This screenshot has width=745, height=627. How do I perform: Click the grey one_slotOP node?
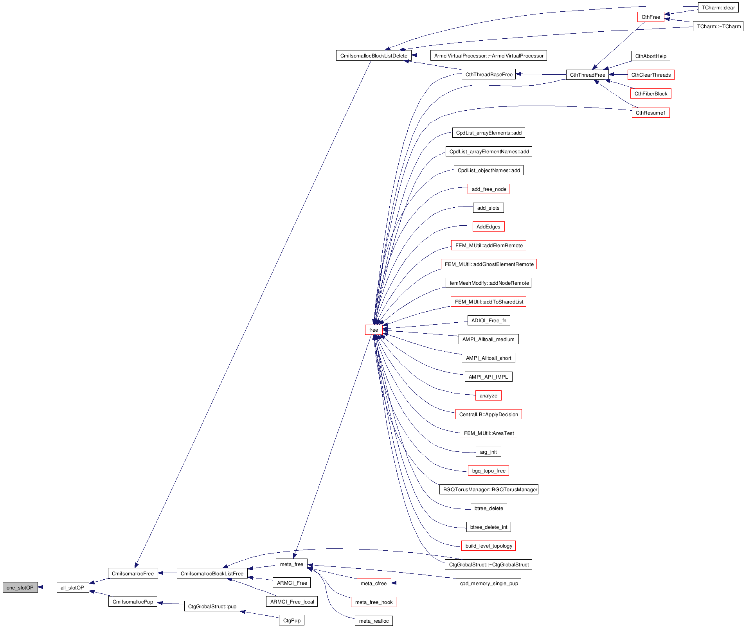pyautogui.click(x=20, y=587)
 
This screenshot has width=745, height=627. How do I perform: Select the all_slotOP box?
pyautogui.click(x=72, y=587)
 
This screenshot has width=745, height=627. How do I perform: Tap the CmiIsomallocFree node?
pyautogui.click(x=133, y=573)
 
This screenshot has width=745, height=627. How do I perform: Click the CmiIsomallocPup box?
pyautogui.click(x=133, y=602)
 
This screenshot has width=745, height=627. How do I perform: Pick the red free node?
pyautogui.click(x=374, y=330)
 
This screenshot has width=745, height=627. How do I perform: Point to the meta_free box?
pyautogui.click(x=292, y=564)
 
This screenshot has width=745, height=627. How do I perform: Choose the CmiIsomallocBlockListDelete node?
pyautogui.click(x=374, y=56)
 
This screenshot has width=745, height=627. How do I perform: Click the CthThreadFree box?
pyautogui.click(x=587, y=75)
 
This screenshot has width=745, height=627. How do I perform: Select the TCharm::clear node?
pyautogui.click(x=718, y=7)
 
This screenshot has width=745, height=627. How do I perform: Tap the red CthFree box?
pyautogui.click(x=651, y=17)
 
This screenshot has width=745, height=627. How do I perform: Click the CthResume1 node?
pyautogui.click(x=650, y=113)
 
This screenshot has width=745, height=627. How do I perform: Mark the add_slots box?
pyautogui.click(x=488, y=208)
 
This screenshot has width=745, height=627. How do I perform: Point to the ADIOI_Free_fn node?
pyautogui.click(x=489, y=320)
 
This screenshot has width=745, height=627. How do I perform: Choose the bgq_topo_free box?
pyautogui.click(x=488, y=471)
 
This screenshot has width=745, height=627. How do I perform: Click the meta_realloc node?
pyautogui.click(x=374, y=621)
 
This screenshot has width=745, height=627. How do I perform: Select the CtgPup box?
pyautogui.click(x=292, y=620)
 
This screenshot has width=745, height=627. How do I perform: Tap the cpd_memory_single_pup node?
pyautogui.click(x=489, y=583)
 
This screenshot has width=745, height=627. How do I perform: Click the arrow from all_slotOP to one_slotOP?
pyautogui.click(x=47, y=587)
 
